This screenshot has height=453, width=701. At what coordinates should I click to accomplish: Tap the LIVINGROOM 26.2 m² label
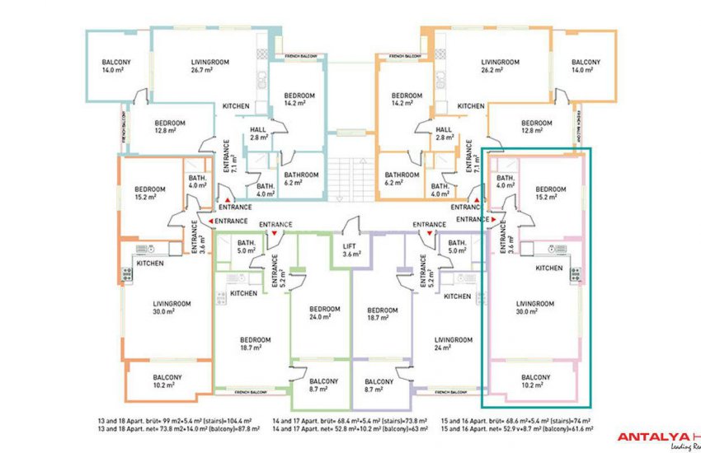[499, 66]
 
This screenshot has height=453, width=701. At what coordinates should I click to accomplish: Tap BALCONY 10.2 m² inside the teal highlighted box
[535, 381]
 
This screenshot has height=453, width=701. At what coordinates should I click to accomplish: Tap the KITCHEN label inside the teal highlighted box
[548, 269]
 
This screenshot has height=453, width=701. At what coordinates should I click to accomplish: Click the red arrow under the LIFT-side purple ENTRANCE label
[429, 234]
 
